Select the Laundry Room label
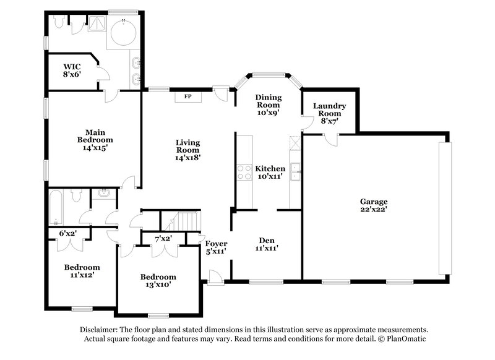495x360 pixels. coord(329,109)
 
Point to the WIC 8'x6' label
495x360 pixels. coord(72,69)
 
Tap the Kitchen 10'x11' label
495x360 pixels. coord(270,172)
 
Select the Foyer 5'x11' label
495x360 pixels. coord(215,247)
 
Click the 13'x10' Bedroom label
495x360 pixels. coord(157,280)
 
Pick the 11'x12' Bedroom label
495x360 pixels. coord(82,272)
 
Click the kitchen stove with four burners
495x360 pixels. coord(243,171)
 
